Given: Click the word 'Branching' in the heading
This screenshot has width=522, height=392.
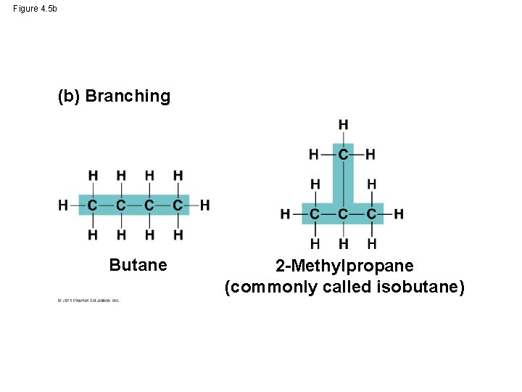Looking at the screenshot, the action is click(x=128, y=97).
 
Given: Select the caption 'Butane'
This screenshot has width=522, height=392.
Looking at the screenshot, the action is click(x=138, y=265).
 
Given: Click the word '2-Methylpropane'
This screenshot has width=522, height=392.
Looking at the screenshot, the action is click(x=344, y=266).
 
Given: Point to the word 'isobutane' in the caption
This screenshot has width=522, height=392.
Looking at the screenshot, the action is click(x=421, y=287).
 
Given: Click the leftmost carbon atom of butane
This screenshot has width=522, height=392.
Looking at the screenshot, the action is click(x=93, y=205).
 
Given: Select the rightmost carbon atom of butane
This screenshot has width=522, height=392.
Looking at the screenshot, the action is click(x=178, y=205).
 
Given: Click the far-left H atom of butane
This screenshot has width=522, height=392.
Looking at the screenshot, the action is click(x=64, y=205).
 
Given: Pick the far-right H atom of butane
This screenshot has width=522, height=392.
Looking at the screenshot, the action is click(x=205, y=205).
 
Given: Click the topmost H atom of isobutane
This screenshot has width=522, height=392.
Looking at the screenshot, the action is click(x=343, y=125).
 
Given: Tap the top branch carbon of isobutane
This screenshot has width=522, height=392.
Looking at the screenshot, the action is click(x=343, y=154).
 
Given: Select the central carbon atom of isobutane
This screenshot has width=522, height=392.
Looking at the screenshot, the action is click(x=343, y=214).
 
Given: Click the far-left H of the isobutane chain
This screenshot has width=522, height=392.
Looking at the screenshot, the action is click(x=286, y=214).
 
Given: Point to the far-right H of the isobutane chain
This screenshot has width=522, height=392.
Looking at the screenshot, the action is click(x=399, y=214).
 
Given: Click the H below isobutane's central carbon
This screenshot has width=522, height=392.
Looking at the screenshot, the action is click(x=343, y=243).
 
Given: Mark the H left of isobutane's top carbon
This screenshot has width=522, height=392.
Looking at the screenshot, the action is click(x=314, y=154).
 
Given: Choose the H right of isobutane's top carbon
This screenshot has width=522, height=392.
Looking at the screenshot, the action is click(x=370, y=154).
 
